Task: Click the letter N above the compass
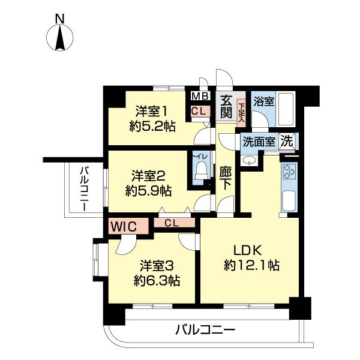click(60, 19)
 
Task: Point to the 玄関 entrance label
click(226, 107)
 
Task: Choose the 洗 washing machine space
click(287, 142)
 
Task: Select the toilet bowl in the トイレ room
click(199, 172)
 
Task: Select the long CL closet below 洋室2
click(172, 223)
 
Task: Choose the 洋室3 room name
click(158, 265)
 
